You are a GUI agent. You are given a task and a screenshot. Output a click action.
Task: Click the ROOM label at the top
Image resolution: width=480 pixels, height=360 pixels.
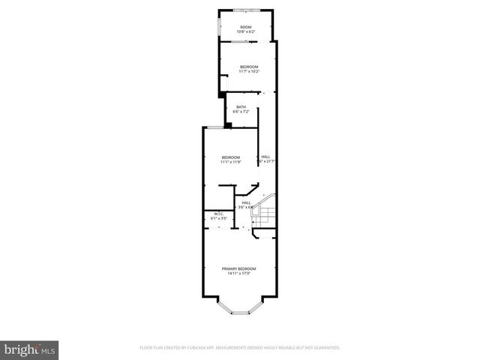(x=246, y=27)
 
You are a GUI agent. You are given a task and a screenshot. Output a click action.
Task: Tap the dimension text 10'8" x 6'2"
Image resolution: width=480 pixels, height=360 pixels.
(x=246, y=31)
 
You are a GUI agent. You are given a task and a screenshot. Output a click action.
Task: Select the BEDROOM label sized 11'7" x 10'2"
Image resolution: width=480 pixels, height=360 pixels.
(x=249, y=67)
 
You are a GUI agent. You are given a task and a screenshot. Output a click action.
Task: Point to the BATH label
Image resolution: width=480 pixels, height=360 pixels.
(x=241, y=106)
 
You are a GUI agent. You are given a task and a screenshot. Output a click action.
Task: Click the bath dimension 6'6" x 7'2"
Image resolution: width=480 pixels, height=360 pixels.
(x=241, y=111)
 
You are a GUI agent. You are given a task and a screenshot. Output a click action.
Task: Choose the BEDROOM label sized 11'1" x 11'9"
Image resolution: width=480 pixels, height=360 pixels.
(x=230, y=157)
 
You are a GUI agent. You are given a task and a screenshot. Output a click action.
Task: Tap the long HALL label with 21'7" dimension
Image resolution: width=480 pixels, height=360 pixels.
(x=265, y=157)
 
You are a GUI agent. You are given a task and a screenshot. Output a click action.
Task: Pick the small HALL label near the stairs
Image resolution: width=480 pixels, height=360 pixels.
(x=245, y=202)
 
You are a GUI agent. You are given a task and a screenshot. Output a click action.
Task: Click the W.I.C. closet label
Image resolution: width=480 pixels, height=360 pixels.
(x=219, y=214)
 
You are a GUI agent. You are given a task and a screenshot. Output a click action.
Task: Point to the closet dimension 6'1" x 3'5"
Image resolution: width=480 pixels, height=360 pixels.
(x=219, y=218)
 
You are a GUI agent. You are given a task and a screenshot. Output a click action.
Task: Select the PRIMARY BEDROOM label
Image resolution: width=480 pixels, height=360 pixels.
(x=238, y=268)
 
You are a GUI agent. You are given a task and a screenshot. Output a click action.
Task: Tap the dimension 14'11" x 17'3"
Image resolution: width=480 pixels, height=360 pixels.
(x=238, y=273)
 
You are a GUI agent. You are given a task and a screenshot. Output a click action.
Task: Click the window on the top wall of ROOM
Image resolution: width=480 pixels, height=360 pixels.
(x=245, y=10)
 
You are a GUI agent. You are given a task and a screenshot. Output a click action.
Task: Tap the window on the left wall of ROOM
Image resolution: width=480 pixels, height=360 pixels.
(x=219, y=27)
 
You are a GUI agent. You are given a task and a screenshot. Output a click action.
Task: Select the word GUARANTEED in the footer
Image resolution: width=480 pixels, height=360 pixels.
(x=325, y=348)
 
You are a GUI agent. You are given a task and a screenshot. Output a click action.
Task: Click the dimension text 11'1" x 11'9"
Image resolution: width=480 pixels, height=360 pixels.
(x=230, y=161)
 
